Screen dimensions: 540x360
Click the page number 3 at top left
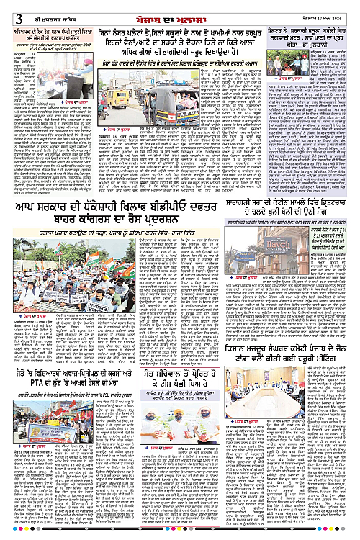[6, 8]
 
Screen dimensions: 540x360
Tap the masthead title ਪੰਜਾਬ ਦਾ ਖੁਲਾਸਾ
[181, 8]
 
